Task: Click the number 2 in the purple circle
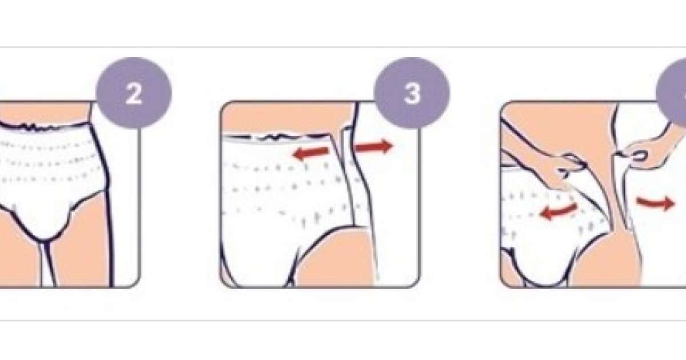click(x=134, y=94)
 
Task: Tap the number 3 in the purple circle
click(x=412, y=94)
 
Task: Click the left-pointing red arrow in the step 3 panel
click(x=311, y=153)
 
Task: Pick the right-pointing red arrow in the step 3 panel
click(x=374, y=146)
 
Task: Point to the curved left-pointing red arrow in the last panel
click(x=558, y=211)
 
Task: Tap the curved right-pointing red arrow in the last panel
click(x=655, y=203)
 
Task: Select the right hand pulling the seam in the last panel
click(x=646, y=153)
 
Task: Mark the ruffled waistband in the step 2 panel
click(x=46, y=126)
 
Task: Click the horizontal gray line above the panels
click(x=343, y=47)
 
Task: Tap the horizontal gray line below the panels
click(x=343, y=321)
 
